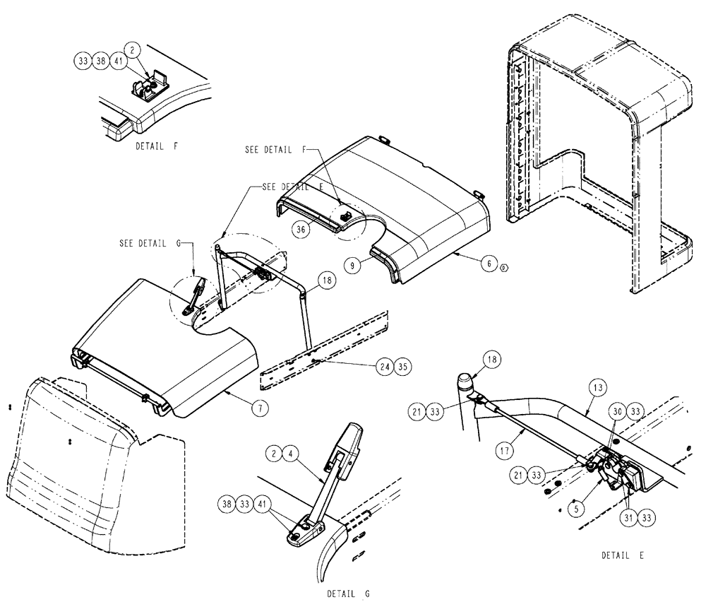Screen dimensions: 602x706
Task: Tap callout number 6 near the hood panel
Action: (486, 262)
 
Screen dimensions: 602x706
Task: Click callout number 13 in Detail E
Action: (597, 388)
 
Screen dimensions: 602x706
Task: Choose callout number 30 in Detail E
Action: (616, 412)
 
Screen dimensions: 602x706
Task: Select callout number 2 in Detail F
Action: (134, 49)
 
